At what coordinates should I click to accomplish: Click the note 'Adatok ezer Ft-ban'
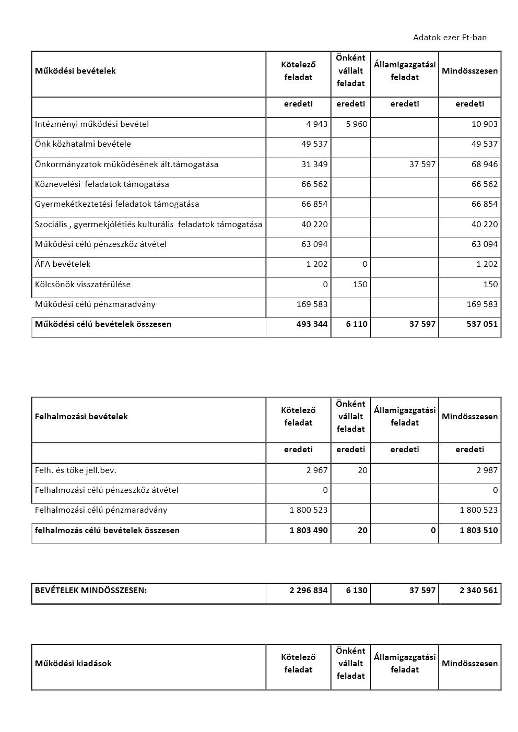(x=450, y=37)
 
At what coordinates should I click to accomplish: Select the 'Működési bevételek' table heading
(x=75, y=70)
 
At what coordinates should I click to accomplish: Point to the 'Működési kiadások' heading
(x=73, y=663)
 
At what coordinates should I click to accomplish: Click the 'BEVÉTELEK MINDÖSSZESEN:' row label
(x=91, y=590)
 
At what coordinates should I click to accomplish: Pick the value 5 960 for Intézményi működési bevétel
(x=357, y=124)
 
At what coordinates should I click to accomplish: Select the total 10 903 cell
(x=484, y=124)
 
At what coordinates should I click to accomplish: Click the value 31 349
(x=314, y=164)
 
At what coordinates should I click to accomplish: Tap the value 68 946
(x=484, y=164)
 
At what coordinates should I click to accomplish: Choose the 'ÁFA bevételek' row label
(x=63, y=264)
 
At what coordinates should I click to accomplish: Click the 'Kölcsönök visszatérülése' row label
(x=83, y=284)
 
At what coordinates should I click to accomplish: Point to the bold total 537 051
(x=482, y=324)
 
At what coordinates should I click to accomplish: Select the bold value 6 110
(x=357, y=324)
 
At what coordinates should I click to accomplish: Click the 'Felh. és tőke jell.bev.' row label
(x=75, y=470)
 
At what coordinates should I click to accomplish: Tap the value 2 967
(x=317, y=470)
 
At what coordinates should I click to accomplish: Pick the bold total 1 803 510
(x=478, y=530)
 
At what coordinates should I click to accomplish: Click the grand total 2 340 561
(x=478, y=590)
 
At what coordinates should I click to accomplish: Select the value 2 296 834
(x=309, y=590)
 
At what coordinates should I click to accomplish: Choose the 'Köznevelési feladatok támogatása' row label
(x=102, y=184)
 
